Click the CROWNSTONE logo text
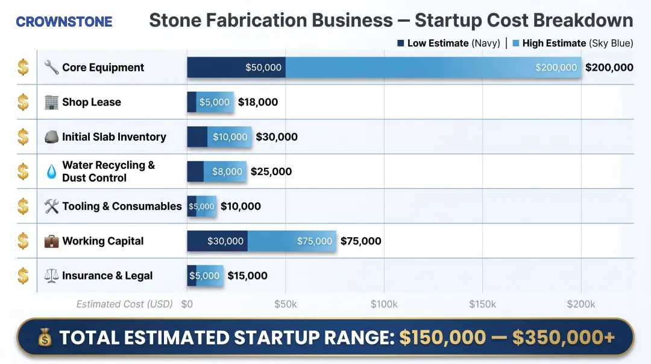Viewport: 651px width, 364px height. [64, 22]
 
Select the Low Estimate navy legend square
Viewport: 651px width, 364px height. [401, 43]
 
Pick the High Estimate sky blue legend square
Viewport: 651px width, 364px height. [516, 43]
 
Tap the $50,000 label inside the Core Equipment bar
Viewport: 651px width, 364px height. [263, 68]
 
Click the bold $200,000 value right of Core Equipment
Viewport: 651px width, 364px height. [609, 68]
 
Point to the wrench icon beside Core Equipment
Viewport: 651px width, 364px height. [51, 68]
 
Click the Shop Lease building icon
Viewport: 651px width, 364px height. [51, 102]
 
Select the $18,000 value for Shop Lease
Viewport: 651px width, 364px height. [258, 102]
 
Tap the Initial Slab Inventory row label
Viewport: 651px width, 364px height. [114, 137]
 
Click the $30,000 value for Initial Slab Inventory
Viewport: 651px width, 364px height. [277, 137]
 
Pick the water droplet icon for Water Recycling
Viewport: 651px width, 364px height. [51, 171]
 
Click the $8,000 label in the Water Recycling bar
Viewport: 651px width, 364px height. [227, 172]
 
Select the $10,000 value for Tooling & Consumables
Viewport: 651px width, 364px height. [241, 206]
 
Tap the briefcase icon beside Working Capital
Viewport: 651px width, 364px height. [51, 241]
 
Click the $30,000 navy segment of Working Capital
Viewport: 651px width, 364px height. [225, 241]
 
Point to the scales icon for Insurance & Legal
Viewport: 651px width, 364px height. [51, 276]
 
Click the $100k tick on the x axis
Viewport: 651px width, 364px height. [384, 304]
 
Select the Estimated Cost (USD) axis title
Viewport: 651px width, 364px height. [124, 304]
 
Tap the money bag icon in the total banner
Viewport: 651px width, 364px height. [45, 337]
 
